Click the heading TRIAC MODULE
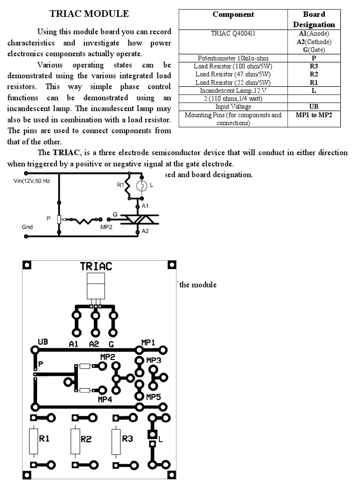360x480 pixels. [89, 14]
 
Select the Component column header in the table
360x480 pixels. [233, 15]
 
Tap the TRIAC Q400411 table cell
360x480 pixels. [233, 34]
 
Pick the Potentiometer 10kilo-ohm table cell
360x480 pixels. [233, 59]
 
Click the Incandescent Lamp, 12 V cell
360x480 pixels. [233, 90]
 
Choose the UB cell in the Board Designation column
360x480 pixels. [314, 106]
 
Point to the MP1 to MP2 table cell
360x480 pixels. [314, 115]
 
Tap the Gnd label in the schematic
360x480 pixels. [27, 227]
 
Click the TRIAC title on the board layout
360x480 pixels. [96, 266]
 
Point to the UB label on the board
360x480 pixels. [43, 342]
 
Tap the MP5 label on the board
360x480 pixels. [153, 397]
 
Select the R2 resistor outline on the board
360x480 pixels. [75, 441]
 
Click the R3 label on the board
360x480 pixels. [127, 439]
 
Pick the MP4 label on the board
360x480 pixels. [105, 400]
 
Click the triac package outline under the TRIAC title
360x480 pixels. [96, 287]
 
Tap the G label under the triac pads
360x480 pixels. [112, 344]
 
